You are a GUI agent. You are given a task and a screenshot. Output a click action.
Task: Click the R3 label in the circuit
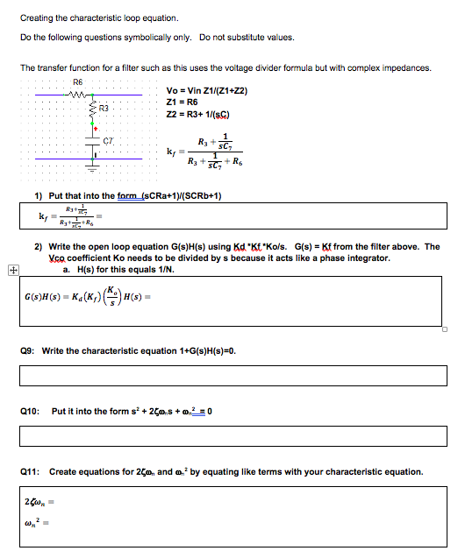click(103, 109)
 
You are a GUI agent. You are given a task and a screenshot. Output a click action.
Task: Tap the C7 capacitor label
click(109, 140)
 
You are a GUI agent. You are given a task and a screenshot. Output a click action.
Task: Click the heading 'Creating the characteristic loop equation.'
click(87, 18)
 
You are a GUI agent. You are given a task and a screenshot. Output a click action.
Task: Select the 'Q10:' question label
click(32, 410)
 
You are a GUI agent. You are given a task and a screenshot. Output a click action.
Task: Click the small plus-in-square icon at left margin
click(11, 270)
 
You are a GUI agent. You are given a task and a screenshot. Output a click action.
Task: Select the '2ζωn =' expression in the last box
click(39, 503)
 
